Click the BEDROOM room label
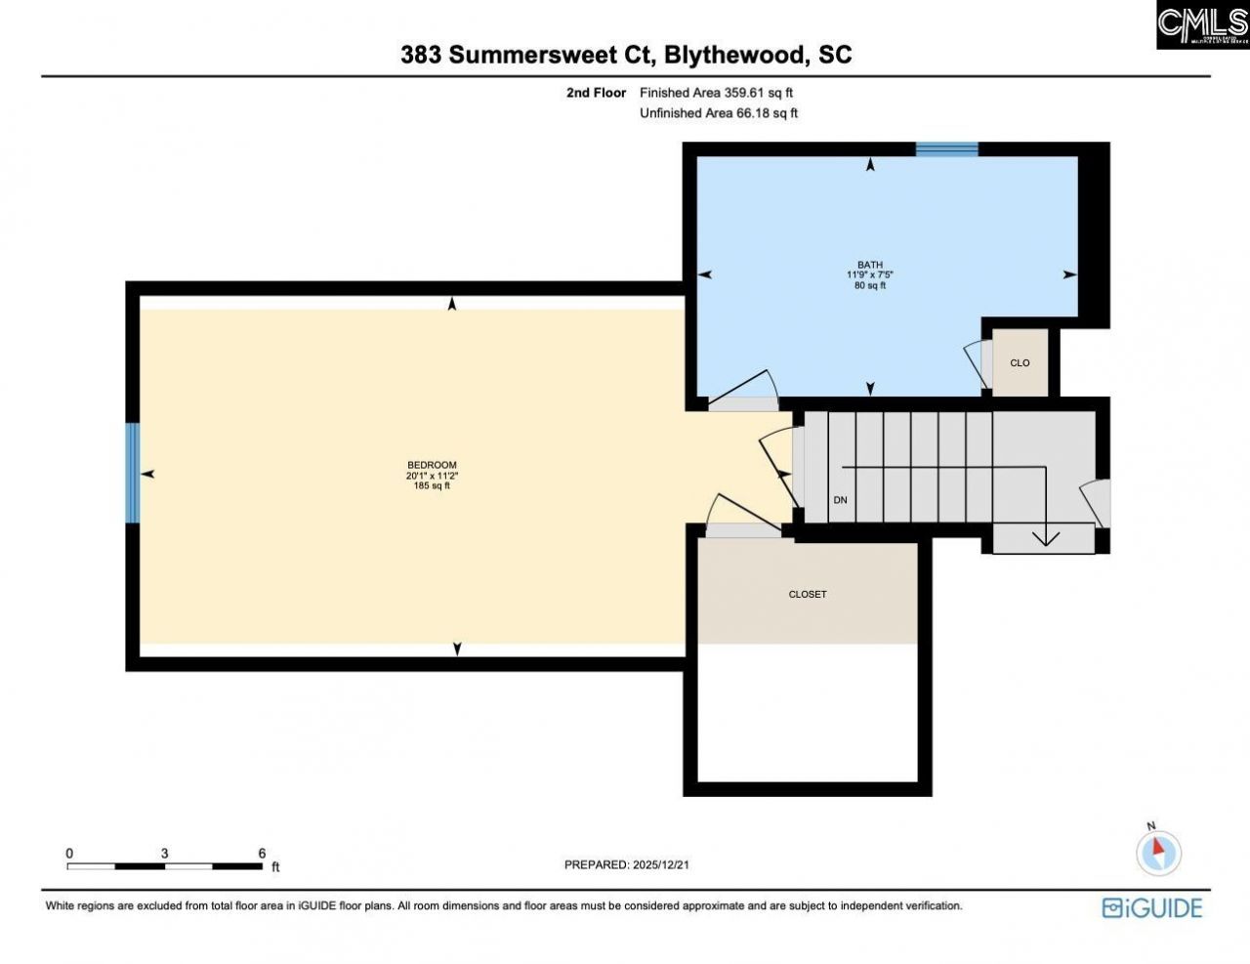click(x=432, y=465)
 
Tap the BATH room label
click(x=870, y=265)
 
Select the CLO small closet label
click(x=1020, y=363)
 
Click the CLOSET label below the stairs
click(x=808, y=594)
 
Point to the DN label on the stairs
click(x=840, y=500)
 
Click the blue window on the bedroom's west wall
click(x=133, y=473)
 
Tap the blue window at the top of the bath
click(x=946, y=149)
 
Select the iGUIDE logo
click(x=1151, y=907)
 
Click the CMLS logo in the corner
click(x=1202, y=25)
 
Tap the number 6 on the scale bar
click(x=262, y=853)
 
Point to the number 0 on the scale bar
click(x=69, y=853)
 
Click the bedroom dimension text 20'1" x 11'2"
click(x=432, y=476)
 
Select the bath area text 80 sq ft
click(x=870, y=286)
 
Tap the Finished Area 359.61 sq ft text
click(x=716, y=93)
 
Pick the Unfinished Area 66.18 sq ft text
click(x=718, y=113)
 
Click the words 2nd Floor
click(x=596, y=93)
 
